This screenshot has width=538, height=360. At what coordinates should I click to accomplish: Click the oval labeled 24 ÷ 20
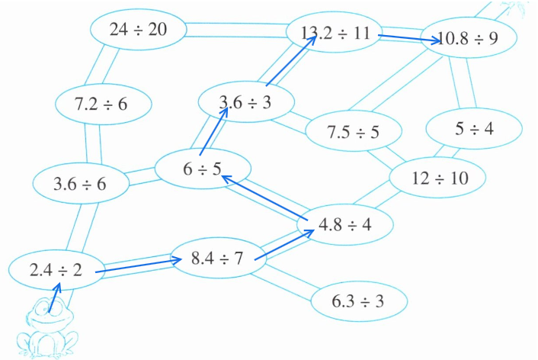[x=139, y=31]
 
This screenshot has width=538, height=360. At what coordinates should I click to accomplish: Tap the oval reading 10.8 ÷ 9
[x=469, y=37]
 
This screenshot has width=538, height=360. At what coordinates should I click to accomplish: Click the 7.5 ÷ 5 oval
[x=353, y=131]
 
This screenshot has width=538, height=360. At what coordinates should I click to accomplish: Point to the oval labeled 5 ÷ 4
[x=474, y=129]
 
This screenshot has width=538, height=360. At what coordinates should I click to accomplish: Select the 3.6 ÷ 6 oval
[x=80, y=184]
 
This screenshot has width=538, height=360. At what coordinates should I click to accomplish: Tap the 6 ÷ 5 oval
[x=203, y=169]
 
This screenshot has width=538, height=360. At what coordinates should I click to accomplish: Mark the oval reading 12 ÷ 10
[x=438, y=178]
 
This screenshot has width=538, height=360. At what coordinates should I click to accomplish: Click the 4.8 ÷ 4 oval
[x=345, y=224]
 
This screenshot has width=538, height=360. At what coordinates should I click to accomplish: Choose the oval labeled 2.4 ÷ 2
[x=56, y=269]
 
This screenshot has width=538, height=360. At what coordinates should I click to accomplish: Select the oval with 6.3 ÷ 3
[x=357, y=300]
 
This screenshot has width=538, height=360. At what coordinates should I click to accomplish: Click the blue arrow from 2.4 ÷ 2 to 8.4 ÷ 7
[x=141, y=265]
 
